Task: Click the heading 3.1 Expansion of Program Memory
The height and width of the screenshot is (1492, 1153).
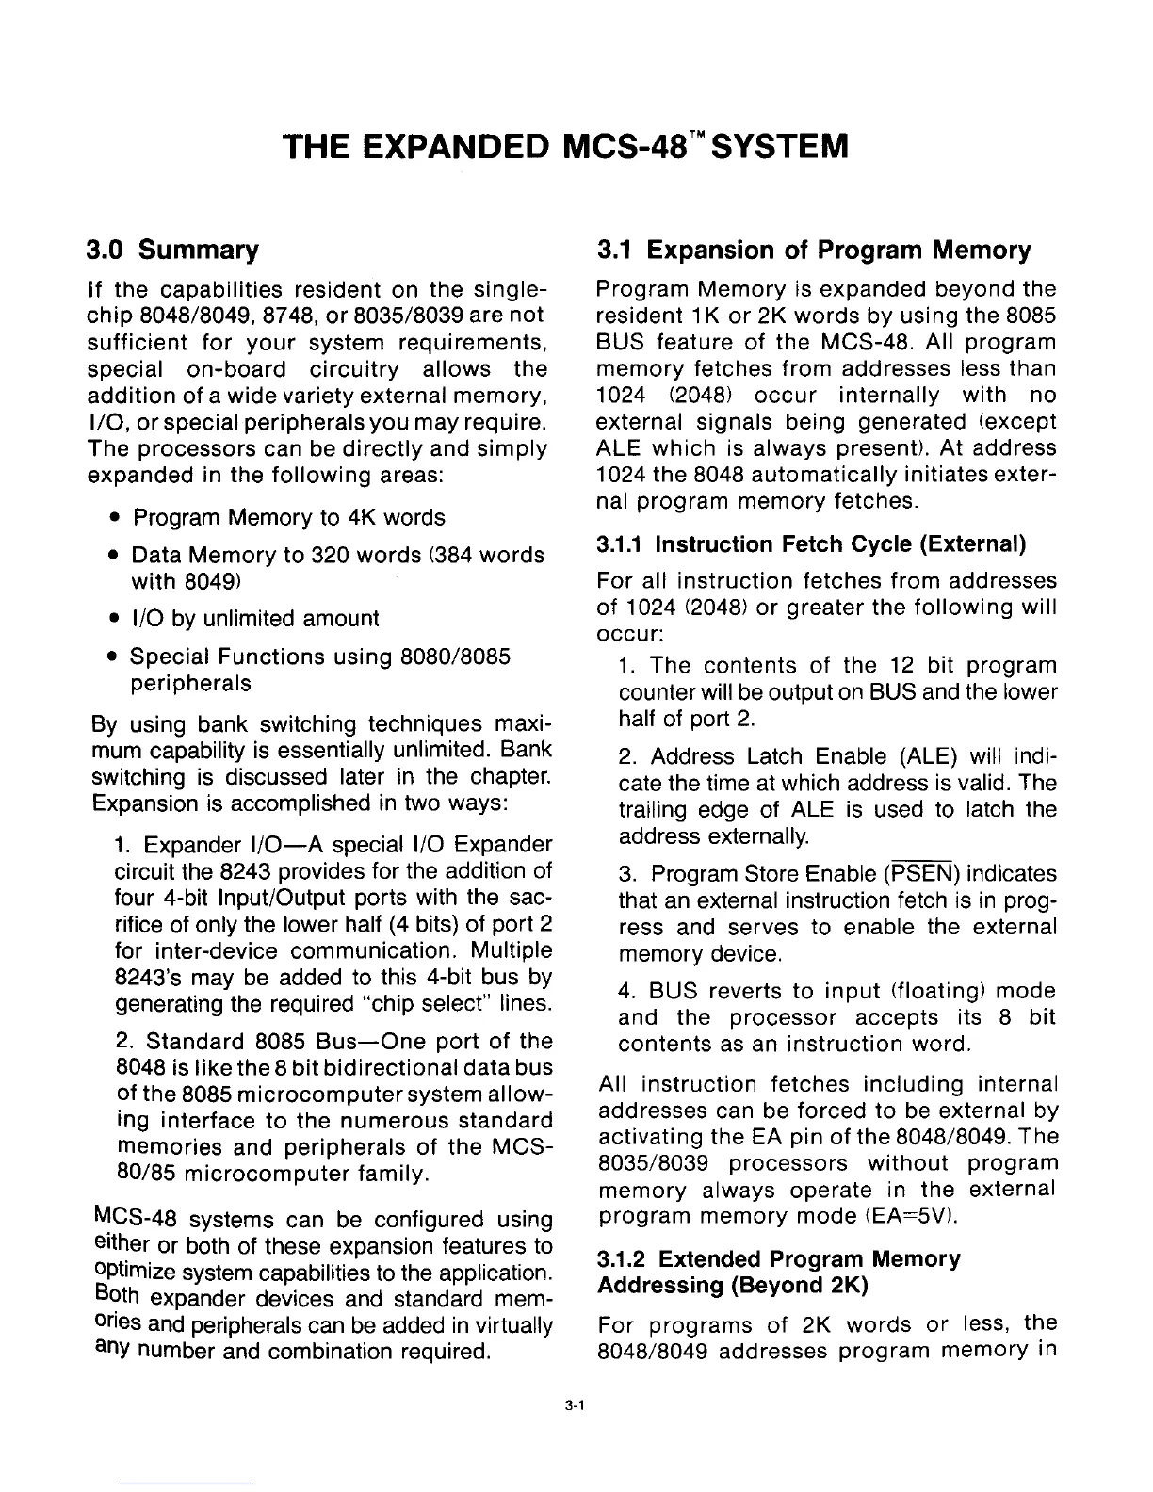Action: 814,251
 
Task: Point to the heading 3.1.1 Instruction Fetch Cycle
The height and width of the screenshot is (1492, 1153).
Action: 811,544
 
